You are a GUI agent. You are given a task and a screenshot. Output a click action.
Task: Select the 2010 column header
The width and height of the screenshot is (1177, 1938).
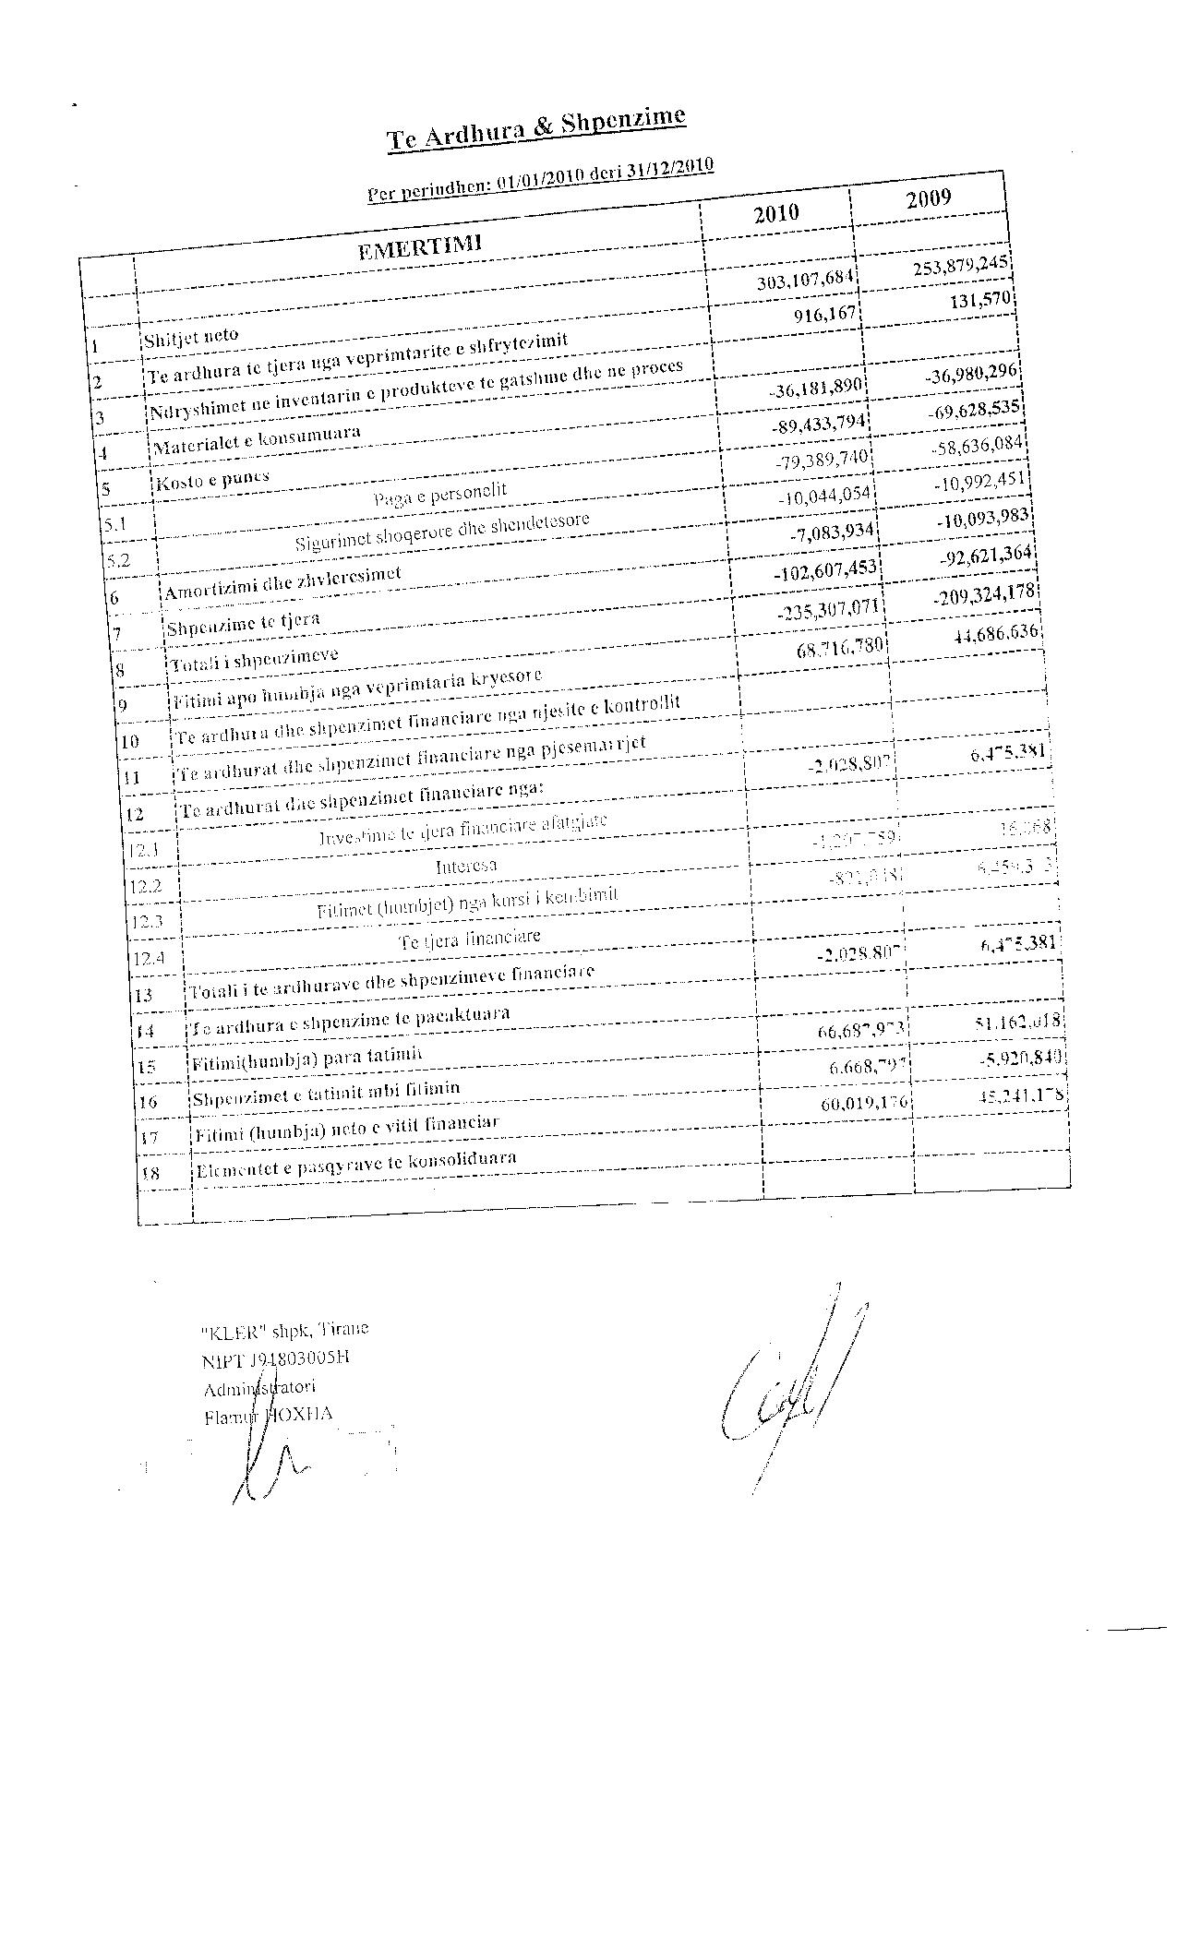coord(775,213)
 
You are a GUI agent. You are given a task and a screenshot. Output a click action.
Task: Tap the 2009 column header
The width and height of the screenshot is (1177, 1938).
coord(928,198)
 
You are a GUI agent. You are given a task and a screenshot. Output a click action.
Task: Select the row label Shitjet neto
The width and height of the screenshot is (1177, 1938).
coord(191,338)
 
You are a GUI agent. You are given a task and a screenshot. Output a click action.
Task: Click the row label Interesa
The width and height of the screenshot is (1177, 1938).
coord(466,866)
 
